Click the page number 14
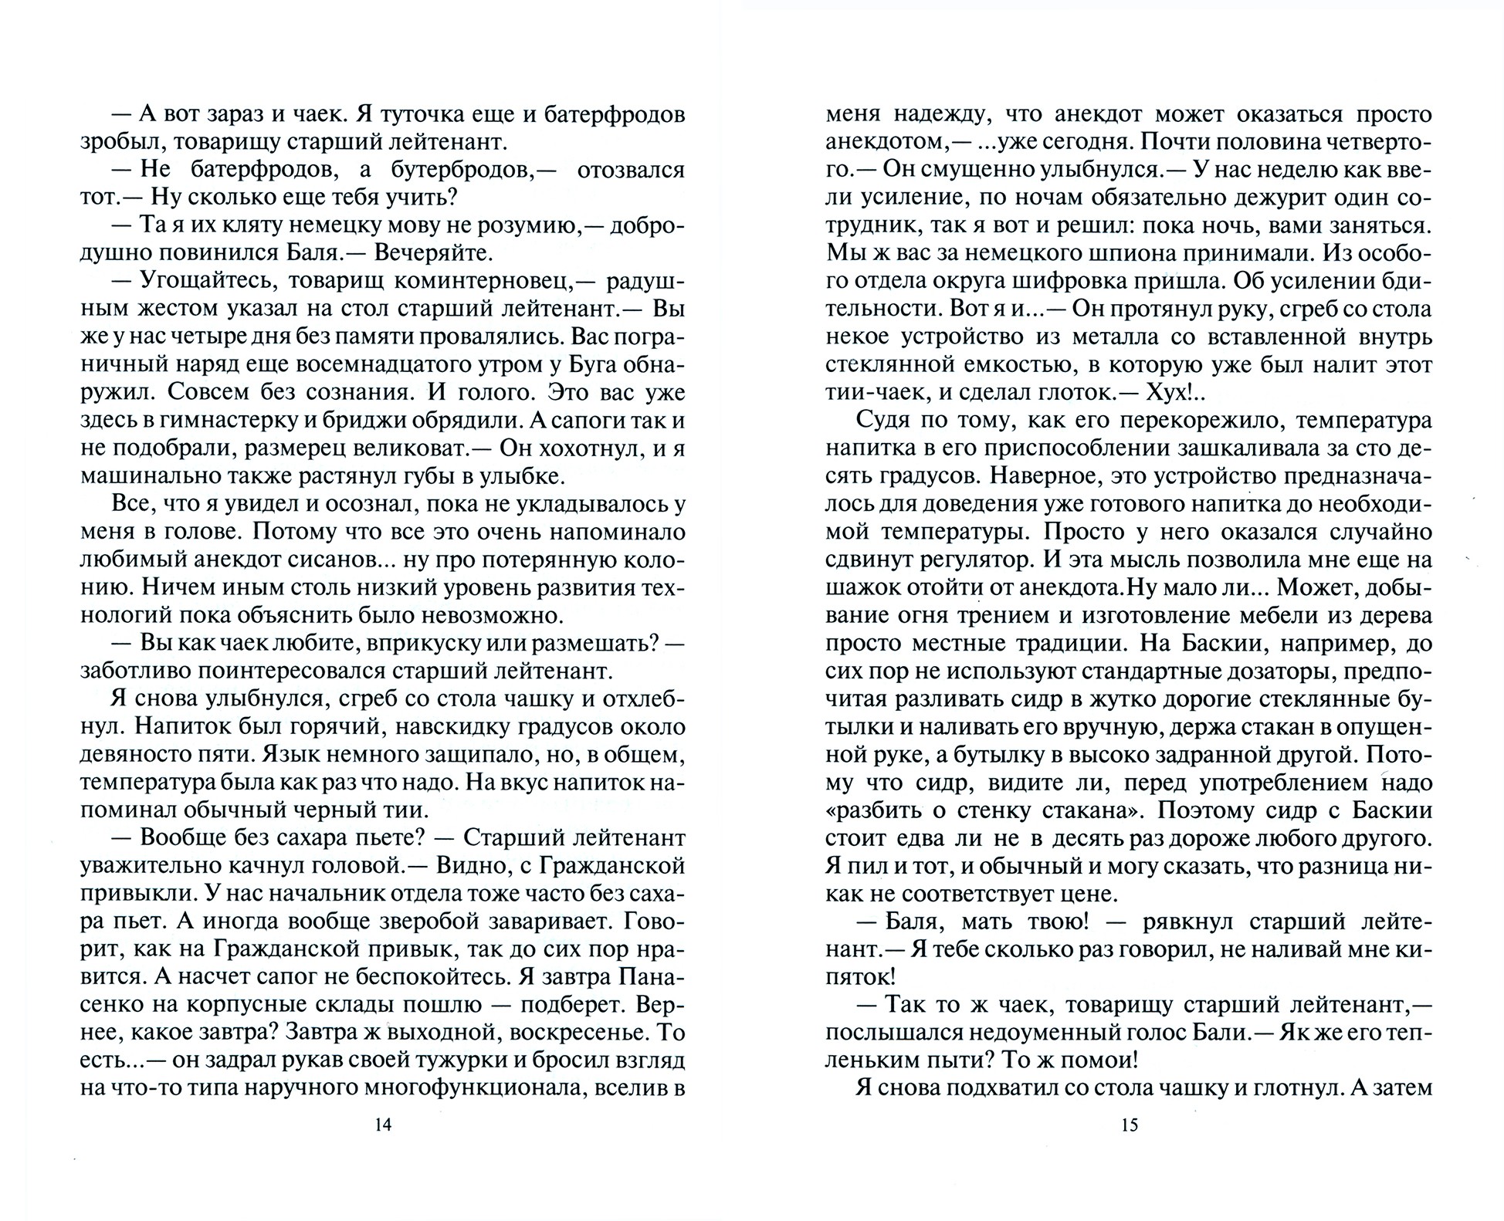tap(383, 1125)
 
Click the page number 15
tap(1129, 1125)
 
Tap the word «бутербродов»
tap(434, 171)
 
